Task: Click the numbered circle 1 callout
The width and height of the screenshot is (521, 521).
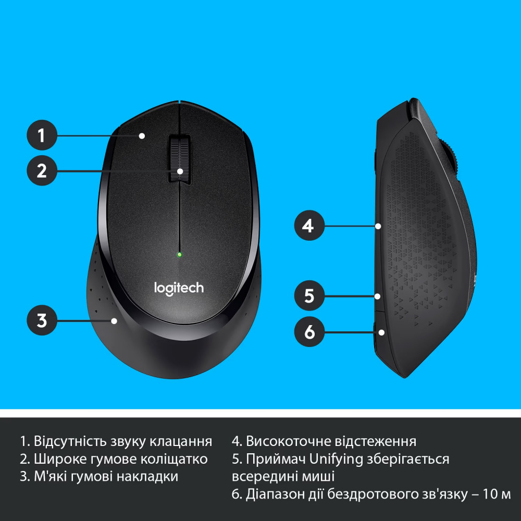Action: pos(42,136)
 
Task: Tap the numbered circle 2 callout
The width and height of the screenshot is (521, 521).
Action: pos(42,170)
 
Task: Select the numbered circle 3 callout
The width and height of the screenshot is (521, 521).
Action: pos(42,320)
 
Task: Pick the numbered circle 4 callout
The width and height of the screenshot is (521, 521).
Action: pos(309,226)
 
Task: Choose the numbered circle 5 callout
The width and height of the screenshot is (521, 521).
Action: pos(309,296)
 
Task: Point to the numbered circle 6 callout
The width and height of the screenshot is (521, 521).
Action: pos(309,331)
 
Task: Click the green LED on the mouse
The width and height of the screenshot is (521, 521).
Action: pos(179,255)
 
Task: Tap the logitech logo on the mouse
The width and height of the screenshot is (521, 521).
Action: pos(179,287)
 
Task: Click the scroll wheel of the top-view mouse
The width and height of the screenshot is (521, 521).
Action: pos(179,159)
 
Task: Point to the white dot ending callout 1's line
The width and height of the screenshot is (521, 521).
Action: pos(141,136)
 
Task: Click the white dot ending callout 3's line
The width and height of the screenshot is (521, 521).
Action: pos(114,321)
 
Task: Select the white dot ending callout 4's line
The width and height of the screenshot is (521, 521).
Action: pos(379,226)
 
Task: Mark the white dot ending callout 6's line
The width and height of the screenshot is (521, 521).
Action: pos(381,331)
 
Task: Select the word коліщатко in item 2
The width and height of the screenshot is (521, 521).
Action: pos(176,459)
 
